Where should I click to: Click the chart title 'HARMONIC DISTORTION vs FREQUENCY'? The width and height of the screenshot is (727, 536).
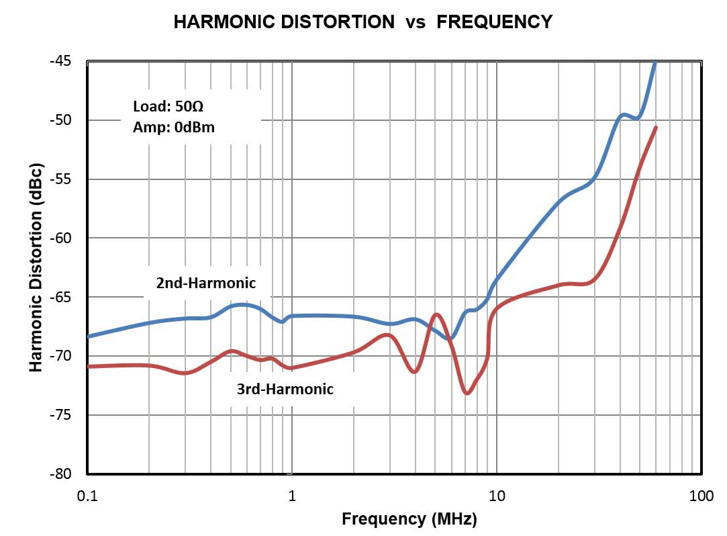coord(362,22)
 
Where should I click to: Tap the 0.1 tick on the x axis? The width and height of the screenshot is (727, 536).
coord(87,496)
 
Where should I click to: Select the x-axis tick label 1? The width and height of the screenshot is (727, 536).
coord(292,496)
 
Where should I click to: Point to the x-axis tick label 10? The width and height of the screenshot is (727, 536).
coord(497,496)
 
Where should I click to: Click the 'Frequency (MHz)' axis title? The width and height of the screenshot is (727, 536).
coord(409,519)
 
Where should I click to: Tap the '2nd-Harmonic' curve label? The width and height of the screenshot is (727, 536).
coord(206,283)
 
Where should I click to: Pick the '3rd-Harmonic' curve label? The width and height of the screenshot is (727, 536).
coord(285,389)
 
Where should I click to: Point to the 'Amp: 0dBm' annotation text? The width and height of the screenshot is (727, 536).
coord(174,126)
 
